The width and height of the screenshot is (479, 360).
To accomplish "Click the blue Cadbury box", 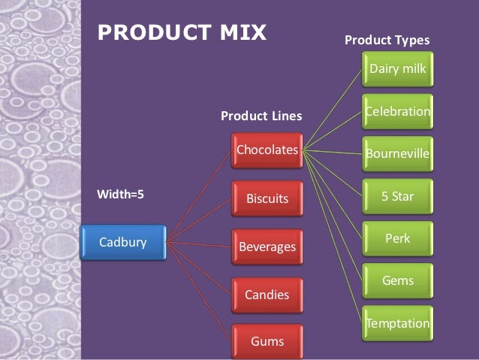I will [122, 242].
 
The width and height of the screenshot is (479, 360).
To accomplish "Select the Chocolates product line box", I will [267, 150].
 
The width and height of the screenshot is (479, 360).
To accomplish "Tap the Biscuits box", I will [267, 199].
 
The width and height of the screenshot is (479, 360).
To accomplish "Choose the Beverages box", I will [267, 247].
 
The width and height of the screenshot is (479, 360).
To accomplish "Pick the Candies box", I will [267, 294].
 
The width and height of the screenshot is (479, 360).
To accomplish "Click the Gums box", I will [267, 341].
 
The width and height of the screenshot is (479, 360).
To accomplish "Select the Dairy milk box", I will [397, 70].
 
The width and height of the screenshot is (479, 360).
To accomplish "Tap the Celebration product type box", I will [397, 112].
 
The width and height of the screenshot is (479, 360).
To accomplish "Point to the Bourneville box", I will [397, 155].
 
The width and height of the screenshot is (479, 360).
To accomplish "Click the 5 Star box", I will [397, 197].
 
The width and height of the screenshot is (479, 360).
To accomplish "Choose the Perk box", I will [397, 239].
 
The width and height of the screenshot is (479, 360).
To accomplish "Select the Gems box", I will [397, 281].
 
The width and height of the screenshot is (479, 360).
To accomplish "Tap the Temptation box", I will [397, 324].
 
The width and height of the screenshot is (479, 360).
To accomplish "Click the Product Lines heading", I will [261, 116].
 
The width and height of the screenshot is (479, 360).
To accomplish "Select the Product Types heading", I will [387, 40].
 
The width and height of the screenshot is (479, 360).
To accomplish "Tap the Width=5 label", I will [121, 194].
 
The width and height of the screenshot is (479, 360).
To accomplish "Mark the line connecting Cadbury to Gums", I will [198, 291].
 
